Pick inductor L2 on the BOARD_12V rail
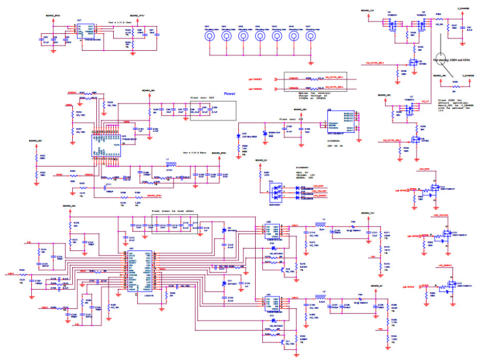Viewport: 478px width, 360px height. (x=323, y=226)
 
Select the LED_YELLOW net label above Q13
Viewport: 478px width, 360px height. (x=441, y=215)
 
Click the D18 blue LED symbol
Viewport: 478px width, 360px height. (x=239, y=135)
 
